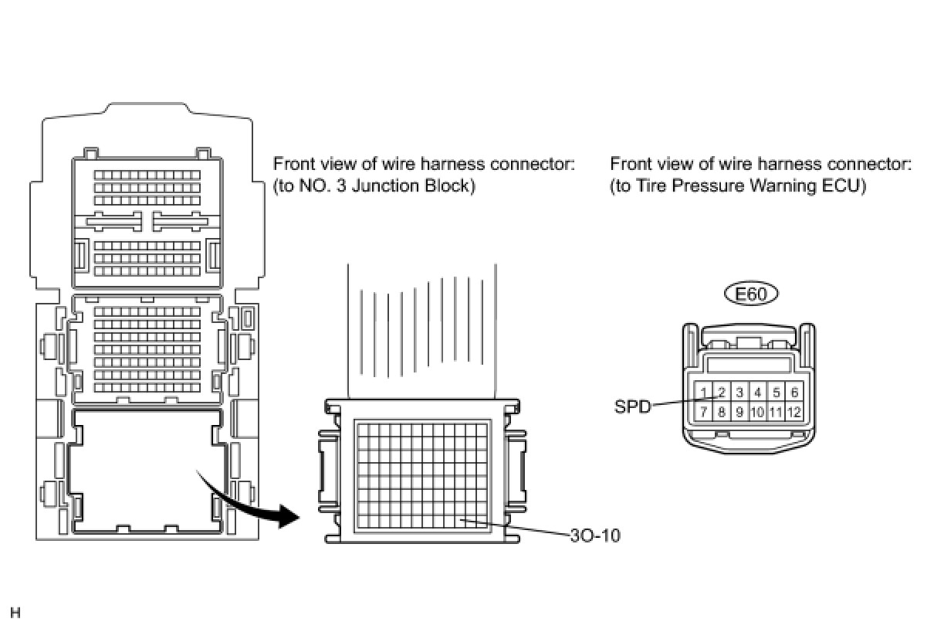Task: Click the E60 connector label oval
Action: (751, 294)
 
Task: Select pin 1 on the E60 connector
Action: (703, 393)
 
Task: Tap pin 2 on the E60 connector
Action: (721, 393)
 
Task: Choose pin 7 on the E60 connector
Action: (703, 412)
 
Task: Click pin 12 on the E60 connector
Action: (794, 412)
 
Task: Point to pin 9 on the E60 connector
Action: (739, 412)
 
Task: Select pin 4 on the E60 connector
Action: (758, 393)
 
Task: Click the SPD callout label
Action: (632, 406)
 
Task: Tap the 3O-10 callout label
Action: (594, 535)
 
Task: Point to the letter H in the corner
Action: (15, 614)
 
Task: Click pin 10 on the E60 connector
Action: (757, 412)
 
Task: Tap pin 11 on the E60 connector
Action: (776, 412)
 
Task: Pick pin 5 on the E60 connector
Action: (777, 393)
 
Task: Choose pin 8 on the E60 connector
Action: (721, 412)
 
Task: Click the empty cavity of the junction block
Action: (147, 471)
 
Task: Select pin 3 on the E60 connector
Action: (739, 393)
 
